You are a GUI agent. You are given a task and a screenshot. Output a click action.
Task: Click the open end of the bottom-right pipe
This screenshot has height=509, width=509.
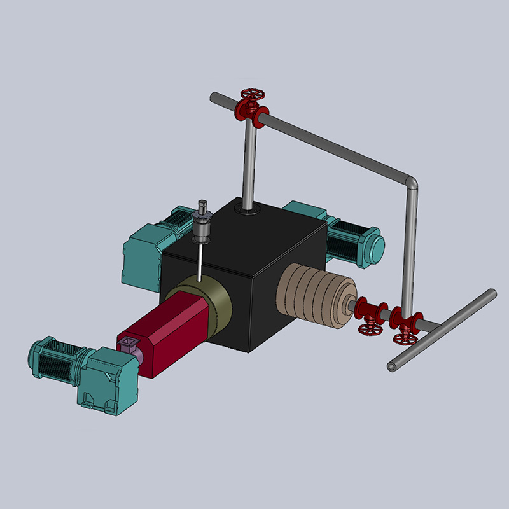pos(393,366)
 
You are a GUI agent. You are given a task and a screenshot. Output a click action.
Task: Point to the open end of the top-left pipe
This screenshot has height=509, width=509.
pos(214,96)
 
